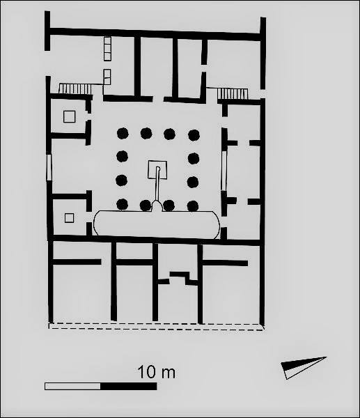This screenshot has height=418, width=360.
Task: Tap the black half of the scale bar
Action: (x=128, y=386)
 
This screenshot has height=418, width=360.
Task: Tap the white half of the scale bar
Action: (x=72, y=386)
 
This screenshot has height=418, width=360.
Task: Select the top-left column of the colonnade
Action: (x=123, y=133)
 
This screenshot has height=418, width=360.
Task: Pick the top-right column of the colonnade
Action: (x=194, y=135)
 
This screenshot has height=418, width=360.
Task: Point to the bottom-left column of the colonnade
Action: (x=123, y=204)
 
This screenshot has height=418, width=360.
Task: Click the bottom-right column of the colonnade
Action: (x=193, y=206)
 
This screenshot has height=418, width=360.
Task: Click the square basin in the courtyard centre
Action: (x=157, y=169)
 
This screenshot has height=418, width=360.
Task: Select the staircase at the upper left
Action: (x=75, y=88)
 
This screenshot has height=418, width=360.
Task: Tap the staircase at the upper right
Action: (x=233, y=93)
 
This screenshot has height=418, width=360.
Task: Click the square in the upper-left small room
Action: (x=69, y=117)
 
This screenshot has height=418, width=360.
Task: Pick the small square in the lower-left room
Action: (x=69, y=218)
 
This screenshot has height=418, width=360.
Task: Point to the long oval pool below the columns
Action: (x=157, y=223)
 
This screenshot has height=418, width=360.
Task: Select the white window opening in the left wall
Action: (x=49, y=167)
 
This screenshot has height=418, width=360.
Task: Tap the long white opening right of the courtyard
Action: (x=224, y=171)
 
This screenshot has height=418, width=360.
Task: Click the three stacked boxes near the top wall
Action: (x=107, y=49)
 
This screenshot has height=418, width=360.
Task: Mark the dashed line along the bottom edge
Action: (x=157, y=327)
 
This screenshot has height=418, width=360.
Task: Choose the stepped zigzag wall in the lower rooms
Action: (x=184, y=278)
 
